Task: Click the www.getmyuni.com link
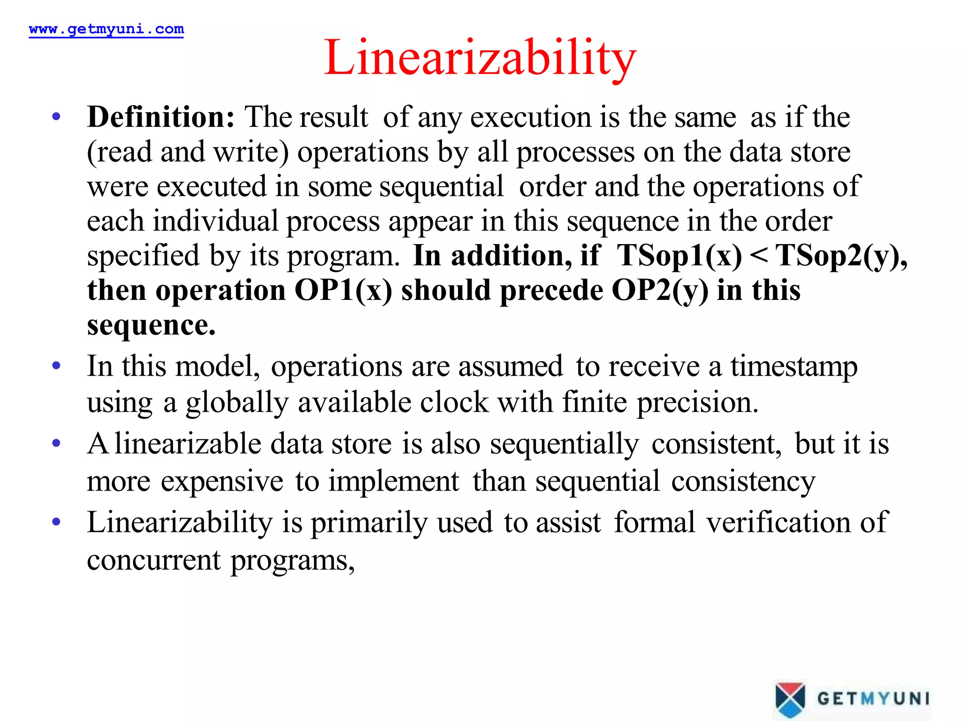click(106, 29)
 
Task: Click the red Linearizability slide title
click(480, 58)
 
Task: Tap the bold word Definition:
click(160, 117)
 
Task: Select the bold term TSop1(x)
click(679, 256)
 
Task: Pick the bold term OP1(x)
click(343, 291)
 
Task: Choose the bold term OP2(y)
click(660, 291)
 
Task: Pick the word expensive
click(222, 482)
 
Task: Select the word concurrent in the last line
click(153, 560)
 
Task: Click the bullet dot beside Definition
click(56, 116)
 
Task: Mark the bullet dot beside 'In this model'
click(56, 366)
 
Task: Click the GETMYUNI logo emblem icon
click(790, 699)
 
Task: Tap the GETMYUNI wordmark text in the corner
click(873, 698)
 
